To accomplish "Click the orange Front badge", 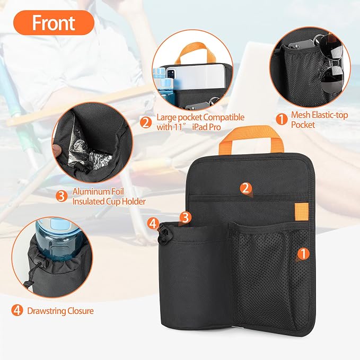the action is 54,22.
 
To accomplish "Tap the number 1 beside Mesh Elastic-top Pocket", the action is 282,119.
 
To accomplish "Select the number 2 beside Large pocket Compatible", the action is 146,122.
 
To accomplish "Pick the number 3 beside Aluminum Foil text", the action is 62,196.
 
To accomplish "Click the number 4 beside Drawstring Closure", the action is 17,311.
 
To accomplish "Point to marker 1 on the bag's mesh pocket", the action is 303,254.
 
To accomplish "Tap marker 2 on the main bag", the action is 245,188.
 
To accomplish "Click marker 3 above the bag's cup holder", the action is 186,217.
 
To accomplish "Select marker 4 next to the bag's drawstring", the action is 153,223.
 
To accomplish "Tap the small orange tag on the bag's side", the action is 301,212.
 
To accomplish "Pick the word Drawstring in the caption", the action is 47,311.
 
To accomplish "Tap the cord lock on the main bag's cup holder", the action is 164,234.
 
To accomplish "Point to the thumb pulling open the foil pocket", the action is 58,149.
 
